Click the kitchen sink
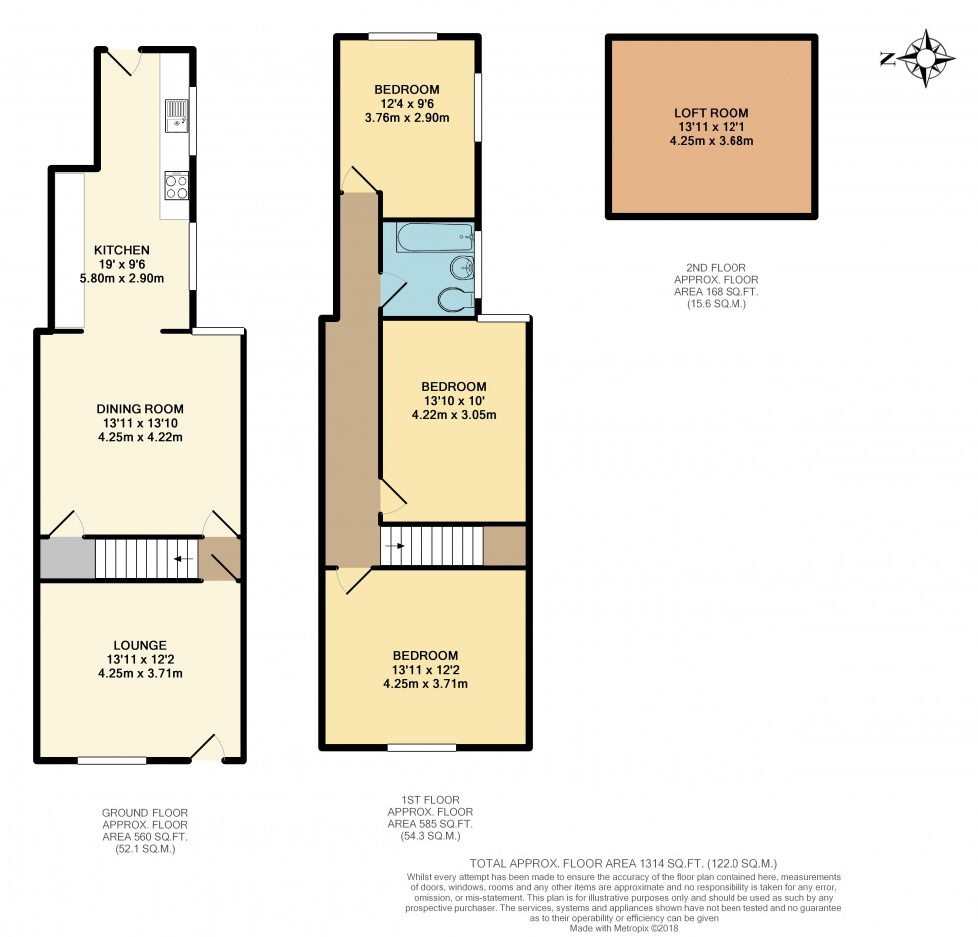(176, 114)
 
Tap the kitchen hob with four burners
(177, 185)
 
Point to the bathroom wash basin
(462, 269)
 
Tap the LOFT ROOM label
(711, 113)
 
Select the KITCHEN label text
(122, 250)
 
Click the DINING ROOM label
(140, 409)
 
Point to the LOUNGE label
(140, 645)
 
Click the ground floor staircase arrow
(183, 559)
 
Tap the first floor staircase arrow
(396, 546)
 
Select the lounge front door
(208, 749)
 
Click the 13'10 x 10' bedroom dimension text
(453, 402)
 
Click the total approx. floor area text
(623, 863)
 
